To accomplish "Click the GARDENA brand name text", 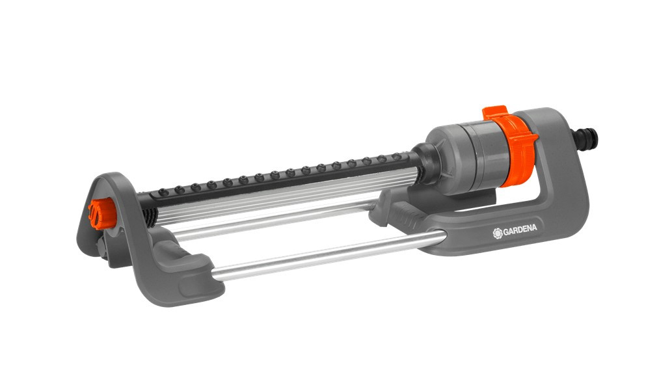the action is click(x=520, y=229).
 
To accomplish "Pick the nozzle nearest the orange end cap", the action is click(x=163, y=193).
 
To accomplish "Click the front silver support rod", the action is click(x=328, y=254).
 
